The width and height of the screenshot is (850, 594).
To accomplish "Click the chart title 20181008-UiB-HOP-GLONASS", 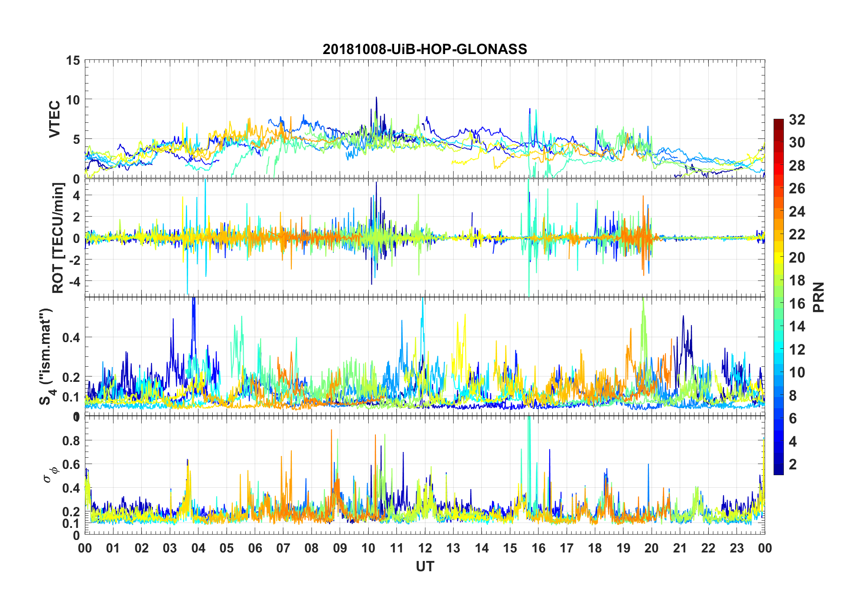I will [x=425, y=49].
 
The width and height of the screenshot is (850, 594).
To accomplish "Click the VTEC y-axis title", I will [x=55, y=119].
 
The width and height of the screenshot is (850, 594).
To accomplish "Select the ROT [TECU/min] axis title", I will [x=58, y=238].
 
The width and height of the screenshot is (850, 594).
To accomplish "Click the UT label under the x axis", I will [x=425, y=567].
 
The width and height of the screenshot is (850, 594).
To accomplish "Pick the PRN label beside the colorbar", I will [x=819, y=297].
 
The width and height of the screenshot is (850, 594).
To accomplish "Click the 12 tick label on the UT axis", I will [x=425, y=548].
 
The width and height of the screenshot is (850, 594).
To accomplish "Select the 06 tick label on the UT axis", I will [x=255, y=548].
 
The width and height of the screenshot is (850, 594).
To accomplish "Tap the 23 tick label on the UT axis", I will [x=736, y=548].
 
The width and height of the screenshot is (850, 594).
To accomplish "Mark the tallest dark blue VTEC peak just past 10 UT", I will [x=376, y=97].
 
